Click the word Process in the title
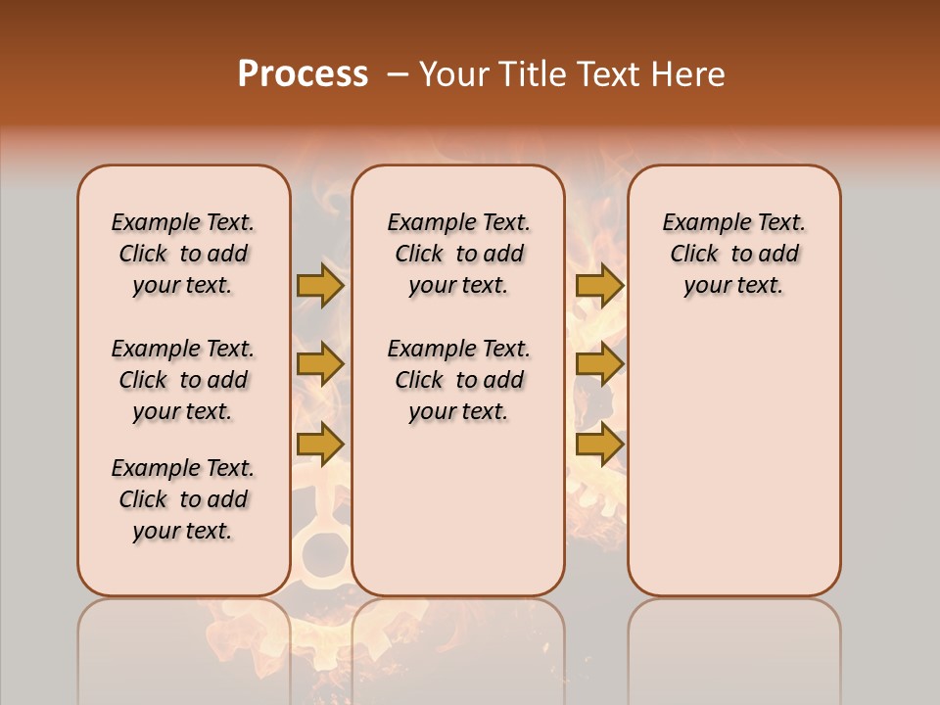tap(303, 74)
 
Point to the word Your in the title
tap(454, 74)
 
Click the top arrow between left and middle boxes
tap(320, 285)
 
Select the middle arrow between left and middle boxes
tap(320, 364)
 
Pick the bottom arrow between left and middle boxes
tap(320, 445)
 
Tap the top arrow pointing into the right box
tap(599, 285)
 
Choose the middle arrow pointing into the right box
tap(599, 364)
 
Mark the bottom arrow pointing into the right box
tap(599, 445)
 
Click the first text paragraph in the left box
tap(183, 254)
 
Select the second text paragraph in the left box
tap(183, 380)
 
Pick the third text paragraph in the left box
tap(183, 499)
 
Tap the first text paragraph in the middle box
tap(458, 254)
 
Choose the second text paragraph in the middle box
tap(458, 380)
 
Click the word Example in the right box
tap(699, 223)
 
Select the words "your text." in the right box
tap(733, 286)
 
